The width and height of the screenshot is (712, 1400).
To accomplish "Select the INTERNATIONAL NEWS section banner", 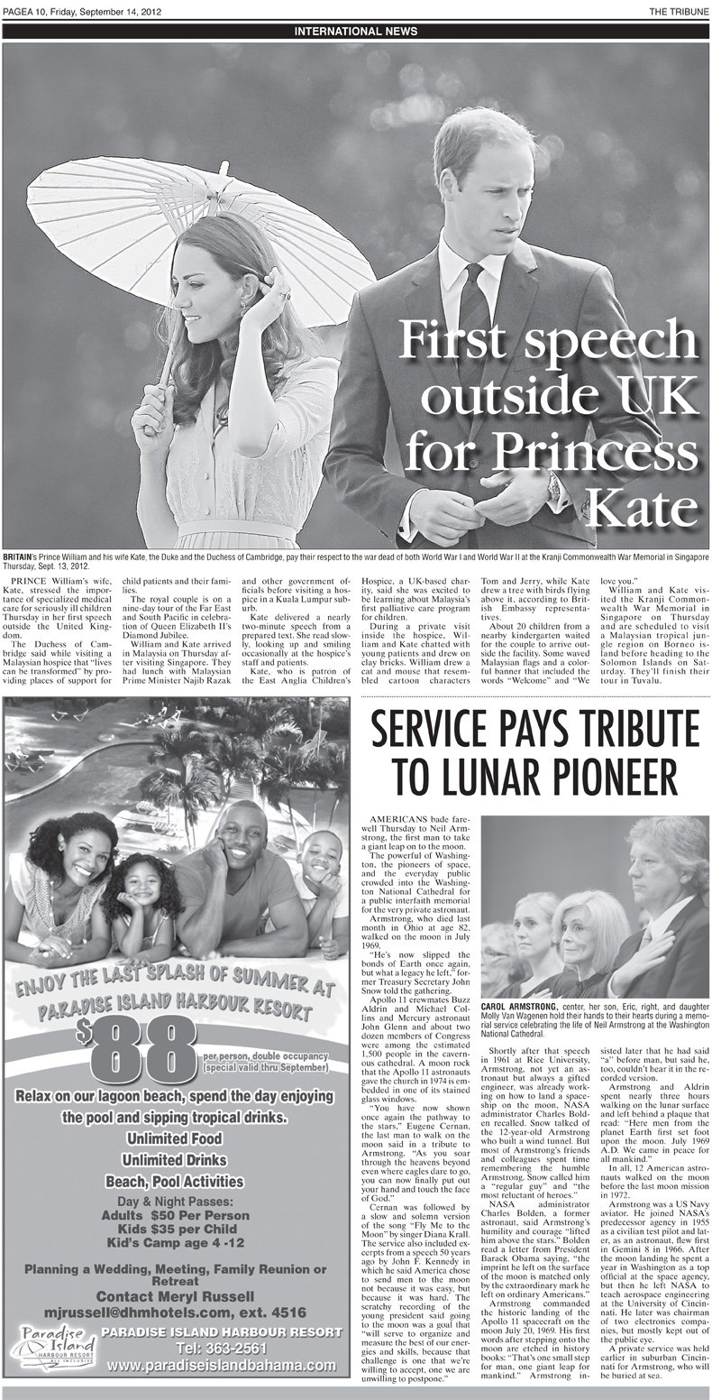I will click(x=355, y=33).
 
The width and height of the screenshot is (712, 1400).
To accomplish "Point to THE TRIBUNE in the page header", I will click(x=676, y=10).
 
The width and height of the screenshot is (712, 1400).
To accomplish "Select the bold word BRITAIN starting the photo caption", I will click(x=18, y=558).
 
